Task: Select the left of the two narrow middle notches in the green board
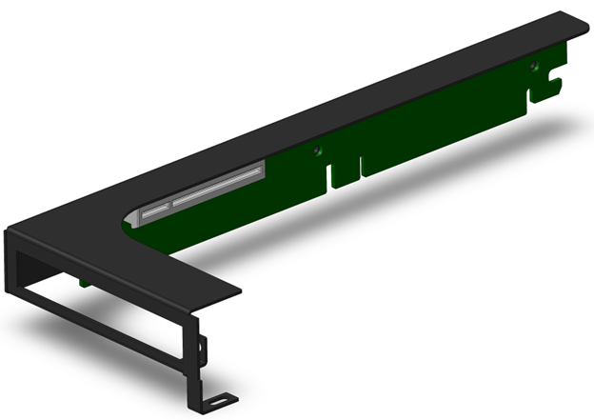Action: point(329,176)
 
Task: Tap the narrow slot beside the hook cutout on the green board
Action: point(524,100)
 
